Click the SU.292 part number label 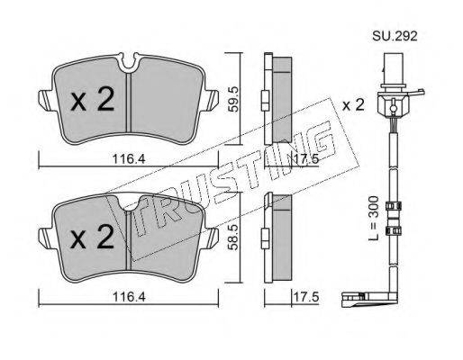(x=395, y=36)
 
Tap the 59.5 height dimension (x=233, y=99)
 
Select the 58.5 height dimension (x=233, y=238)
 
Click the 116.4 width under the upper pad (x=129, y=159)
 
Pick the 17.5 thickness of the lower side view (x=306, y=297)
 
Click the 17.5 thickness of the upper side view (x=306, y=158)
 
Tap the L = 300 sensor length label (x=374, y=218)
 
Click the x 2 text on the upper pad (x=93, y=99)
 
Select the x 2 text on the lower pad (x=93, y=237)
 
